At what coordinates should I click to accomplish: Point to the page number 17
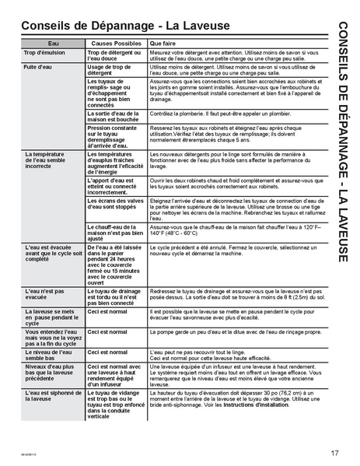pyautogui.click(x=334, y=453)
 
